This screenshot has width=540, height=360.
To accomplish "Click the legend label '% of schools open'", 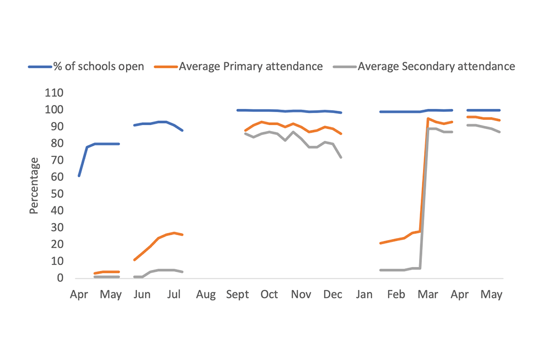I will tap(98, 66).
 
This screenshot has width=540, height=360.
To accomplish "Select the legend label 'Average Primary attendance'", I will tap(251, 66).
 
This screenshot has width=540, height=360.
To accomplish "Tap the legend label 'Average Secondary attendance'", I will tap(436, 66).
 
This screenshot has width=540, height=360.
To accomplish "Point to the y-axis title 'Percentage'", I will tap(34, 186).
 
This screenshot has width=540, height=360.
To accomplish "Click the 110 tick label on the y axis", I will tap(55, 93).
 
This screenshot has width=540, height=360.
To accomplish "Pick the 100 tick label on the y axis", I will tap(55, 110).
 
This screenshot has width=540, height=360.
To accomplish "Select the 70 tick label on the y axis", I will tap(57, 160).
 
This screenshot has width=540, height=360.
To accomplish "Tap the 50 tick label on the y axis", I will tap(57, 194).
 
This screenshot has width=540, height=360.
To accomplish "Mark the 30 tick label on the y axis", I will tap(57, 228).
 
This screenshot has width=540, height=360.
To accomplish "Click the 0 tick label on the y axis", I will tap(60, 278).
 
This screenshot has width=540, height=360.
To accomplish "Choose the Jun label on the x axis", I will tap(142, 295).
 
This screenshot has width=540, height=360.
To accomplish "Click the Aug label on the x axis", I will tap(206, 295).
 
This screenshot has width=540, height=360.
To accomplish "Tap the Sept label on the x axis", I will tap(237, 295).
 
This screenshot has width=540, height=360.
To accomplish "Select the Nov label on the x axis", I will tap(301, 295).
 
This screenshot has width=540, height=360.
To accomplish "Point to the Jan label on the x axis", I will tap(364, 295).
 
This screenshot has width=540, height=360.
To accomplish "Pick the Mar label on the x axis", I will tap(429, 295).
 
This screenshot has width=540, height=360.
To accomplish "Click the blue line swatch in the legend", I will tap(39, 67).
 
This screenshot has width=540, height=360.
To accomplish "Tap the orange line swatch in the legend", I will tap(167, 67).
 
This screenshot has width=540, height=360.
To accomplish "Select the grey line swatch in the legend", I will tap(345, 67).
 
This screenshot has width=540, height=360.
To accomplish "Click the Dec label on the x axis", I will tap(333, 295).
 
